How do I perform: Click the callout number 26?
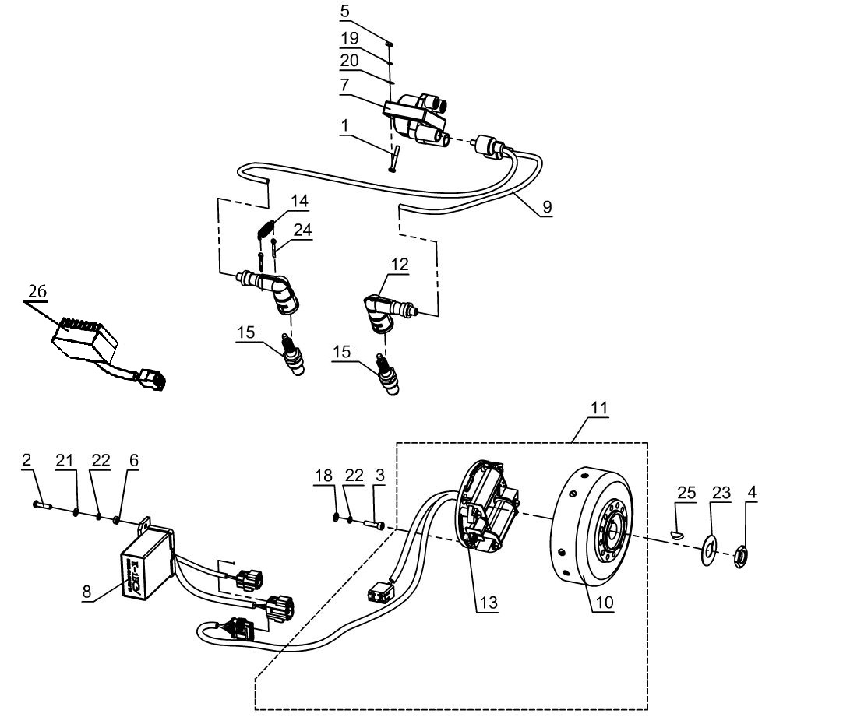point(37,292)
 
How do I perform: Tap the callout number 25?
point(686,493)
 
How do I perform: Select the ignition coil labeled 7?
point(417,117)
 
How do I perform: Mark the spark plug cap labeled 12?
point(379,308)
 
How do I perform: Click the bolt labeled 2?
point(41,506)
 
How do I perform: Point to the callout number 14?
point(299,202)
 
